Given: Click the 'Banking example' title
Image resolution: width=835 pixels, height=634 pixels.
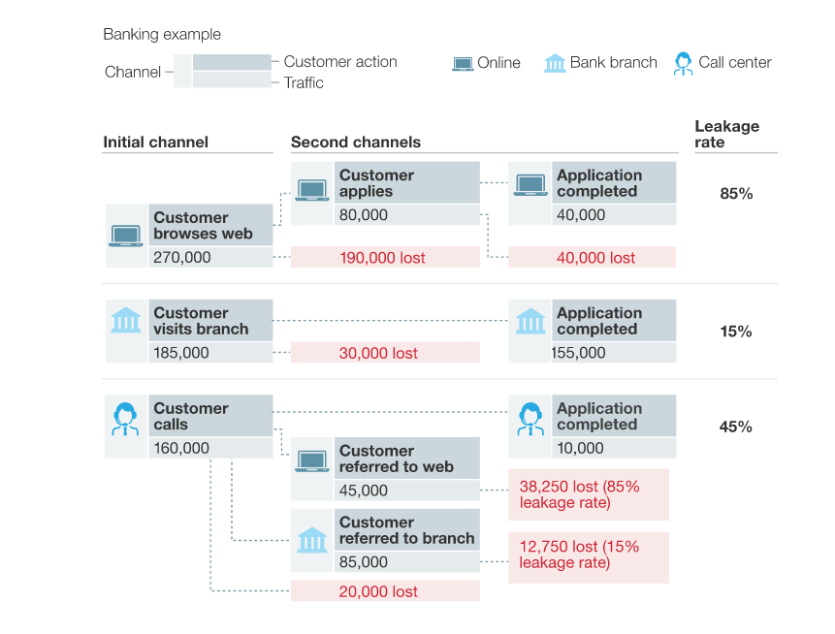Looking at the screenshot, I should tap(162, 35).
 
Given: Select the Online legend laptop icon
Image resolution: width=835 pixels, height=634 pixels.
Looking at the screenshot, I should tap(463, 63).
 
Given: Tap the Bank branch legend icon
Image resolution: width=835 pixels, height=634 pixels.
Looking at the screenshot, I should tap(555, 63).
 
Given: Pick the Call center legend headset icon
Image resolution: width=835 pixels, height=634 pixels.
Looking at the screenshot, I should tap(684, 63).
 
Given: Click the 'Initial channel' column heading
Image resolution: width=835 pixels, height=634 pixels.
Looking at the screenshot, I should tap(155, 143).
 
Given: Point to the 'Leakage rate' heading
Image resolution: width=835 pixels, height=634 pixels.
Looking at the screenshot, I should tap(726, 134).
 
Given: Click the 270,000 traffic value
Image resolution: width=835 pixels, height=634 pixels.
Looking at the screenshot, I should tap(181, 258).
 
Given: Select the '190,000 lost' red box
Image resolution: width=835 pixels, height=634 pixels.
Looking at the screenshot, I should tap(385, 258).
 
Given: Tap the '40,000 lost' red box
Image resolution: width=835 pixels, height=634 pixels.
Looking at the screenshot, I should tap(592, 258).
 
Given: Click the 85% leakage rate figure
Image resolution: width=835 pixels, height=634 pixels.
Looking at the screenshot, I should tap(736, 194).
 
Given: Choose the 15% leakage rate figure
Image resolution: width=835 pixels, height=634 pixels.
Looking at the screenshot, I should tap(736, 332).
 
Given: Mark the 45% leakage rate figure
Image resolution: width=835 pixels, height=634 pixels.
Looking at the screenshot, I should tap(736, 427).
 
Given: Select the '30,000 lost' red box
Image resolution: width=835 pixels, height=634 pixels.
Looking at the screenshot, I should tap(385, 353).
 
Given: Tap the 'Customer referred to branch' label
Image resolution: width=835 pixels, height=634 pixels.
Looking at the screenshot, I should tap(406, 530).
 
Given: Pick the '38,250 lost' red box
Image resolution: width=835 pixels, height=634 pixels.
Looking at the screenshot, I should tap(588, 494).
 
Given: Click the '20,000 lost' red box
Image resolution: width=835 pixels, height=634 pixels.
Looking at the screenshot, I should tap(385, 591).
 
